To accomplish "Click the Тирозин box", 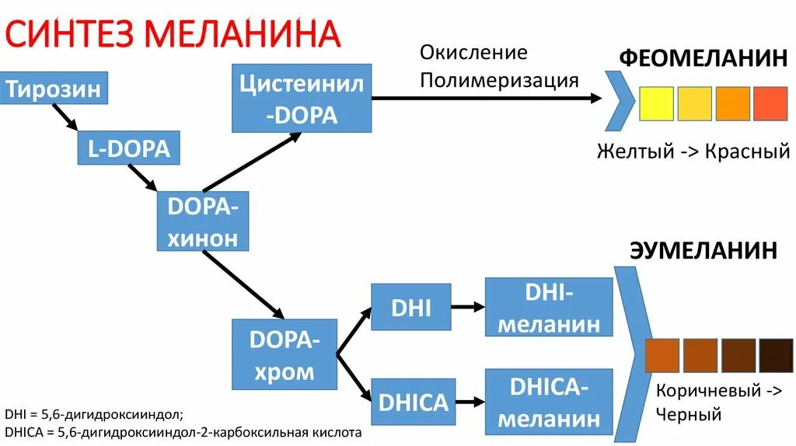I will pos(54,89).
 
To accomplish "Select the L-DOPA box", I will pos(128,148).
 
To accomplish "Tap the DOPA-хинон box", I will pos(203,221).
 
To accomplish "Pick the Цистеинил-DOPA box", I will pos(301,99).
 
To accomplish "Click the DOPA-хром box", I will pos(285,354).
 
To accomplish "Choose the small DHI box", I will pos(411,307).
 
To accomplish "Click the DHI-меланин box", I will pos(548,307).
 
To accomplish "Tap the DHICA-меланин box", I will pos(548,402).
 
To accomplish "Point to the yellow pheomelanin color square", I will pos(656,103).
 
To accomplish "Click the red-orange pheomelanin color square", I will pos(770,103).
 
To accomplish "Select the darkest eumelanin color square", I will pos(776,356).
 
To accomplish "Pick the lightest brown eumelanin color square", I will pos(663,356).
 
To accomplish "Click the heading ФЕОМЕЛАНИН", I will pos(703,58).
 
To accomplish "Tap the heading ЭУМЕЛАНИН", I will pos(703,250).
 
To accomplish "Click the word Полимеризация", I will pos(499,80).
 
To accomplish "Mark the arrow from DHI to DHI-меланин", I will pos(468,307).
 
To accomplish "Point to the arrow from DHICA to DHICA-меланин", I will pos(468,402).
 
